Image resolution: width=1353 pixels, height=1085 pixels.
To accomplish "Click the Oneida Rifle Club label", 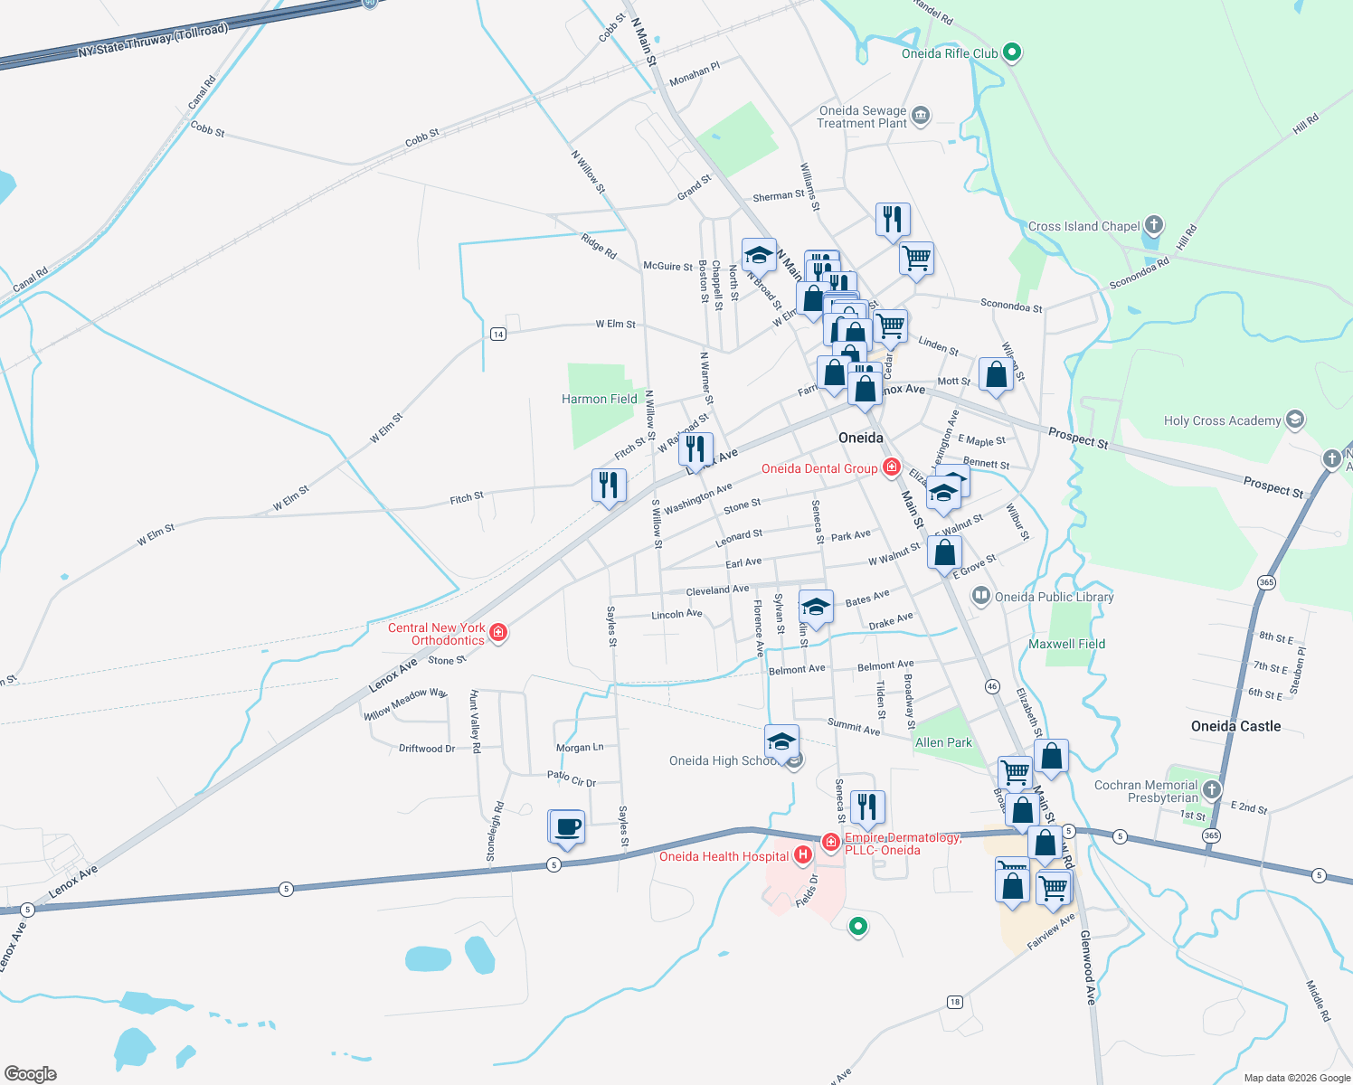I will point(950,53).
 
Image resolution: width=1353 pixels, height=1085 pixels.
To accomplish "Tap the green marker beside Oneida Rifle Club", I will point(1013,53).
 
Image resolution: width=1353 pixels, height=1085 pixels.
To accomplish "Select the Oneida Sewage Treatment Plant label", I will point(862,117).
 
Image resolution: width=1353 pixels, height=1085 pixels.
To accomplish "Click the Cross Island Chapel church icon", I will point(1153,225).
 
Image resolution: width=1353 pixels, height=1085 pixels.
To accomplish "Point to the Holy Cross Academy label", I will point(1222,420).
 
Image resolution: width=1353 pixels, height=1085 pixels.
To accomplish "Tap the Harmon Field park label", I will point(599,399).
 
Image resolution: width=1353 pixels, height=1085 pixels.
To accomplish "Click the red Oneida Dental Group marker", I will point(892,467).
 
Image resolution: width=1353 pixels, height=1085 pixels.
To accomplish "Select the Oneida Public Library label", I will point(1054,597).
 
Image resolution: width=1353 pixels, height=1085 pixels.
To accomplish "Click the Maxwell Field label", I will point(1066,644).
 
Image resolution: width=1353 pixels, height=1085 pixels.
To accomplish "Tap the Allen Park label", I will point(943,742).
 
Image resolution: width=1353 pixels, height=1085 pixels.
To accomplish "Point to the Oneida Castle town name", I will point(1235,726).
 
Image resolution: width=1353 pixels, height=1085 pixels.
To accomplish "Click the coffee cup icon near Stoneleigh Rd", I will point(567,827).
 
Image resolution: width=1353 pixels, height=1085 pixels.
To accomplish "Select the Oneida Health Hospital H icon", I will point(802,855).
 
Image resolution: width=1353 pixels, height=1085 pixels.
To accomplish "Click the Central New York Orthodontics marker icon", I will point(497,633).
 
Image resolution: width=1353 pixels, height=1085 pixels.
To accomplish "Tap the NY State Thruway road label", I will point(152,41).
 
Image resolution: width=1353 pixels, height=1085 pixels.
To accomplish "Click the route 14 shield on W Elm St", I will point(497,335).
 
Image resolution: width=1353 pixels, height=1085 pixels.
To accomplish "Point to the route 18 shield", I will point(955,1002).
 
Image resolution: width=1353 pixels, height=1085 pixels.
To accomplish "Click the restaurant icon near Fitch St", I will point(609,486).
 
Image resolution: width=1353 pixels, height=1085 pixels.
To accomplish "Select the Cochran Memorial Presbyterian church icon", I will point(1212,790).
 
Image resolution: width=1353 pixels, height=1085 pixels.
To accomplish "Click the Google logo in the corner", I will point(30,1074).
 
